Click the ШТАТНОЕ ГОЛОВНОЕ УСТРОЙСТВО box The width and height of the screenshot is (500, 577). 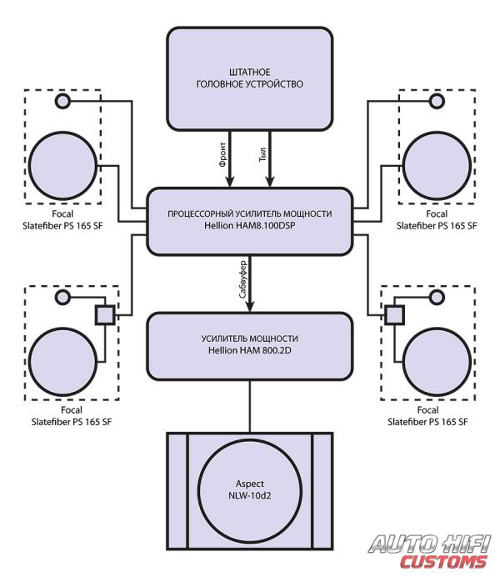click(250, 78)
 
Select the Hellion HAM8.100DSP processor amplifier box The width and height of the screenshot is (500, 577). click(250, 221)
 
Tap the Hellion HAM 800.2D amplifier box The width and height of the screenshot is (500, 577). click(250, 346)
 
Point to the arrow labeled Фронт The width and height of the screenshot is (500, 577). click(230, 158)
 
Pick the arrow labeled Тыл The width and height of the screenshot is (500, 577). click(270, 158)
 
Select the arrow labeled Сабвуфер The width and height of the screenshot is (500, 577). click(250, 283)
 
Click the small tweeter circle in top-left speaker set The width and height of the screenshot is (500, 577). click(62, 101)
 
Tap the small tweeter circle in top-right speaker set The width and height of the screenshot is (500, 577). click(437, 101)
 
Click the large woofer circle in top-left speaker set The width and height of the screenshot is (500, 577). click(62, 166)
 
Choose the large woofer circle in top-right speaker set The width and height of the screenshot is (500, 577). click(437, 166)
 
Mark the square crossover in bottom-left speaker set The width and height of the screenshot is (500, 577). click(105, 315)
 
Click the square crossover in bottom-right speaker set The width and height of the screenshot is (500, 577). click(394, 315)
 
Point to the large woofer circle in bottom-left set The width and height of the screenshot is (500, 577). click(62, 362)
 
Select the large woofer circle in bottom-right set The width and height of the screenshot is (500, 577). click(437, 362)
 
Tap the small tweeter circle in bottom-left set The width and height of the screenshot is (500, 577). click(62, 297)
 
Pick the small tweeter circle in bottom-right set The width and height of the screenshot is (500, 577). click(437, 297)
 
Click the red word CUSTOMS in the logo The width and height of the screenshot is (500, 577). click(443, 562)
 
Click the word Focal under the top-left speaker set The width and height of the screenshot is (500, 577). click(62, 213)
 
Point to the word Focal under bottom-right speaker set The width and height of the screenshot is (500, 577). click(428, 409)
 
